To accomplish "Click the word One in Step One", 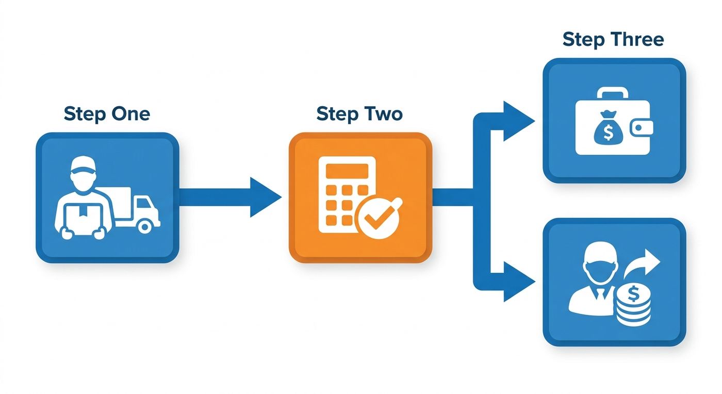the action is pos(130,114).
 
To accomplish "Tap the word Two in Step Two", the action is pos(383,114).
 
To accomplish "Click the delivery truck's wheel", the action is pos(145,227).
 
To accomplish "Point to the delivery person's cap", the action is pos(83,165).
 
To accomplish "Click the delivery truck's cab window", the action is pos(144,204).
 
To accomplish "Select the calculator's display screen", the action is pos(347,171).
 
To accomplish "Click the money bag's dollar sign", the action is pos(608,133).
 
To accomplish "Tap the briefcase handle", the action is pos(613,92).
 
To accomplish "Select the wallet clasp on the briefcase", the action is pos(642,128).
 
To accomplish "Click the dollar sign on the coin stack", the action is pos(633,294).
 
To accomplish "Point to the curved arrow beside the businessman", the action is pos(642,264).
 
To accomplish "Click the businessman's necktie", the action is pos(600,294).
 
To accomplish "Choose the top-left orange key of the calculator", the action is pos(331,190).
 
